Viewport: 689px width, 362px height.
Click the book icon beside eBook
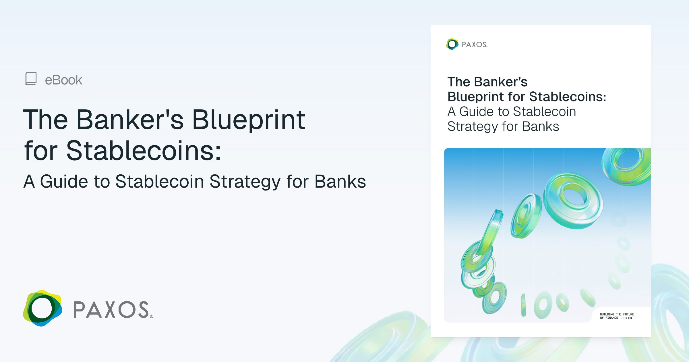click(31, 79)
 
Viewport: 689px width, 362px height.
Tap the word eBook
click(63, 80)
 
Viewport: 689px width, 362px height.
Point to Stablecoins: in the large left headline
click(144, 151)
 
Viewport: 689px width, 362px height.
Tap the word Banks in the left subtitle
click(340, 182)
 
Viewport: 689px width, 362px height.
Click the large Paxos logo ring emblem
click(42, 308)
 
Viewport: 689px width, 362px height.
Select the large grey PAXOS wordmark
click(111, 310)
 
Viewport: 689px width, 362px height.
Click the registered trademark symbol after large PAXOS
click(152, 316)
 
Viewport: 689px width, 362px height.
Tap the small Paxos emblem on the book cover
click(452, 44)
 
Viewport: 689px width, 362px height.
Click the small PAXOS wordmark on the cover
click(474, 45)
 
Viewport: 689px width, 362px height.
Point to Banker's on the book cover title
click(501, 82)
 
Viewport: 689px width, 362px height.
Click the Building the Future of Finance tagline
click(617, 316)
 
